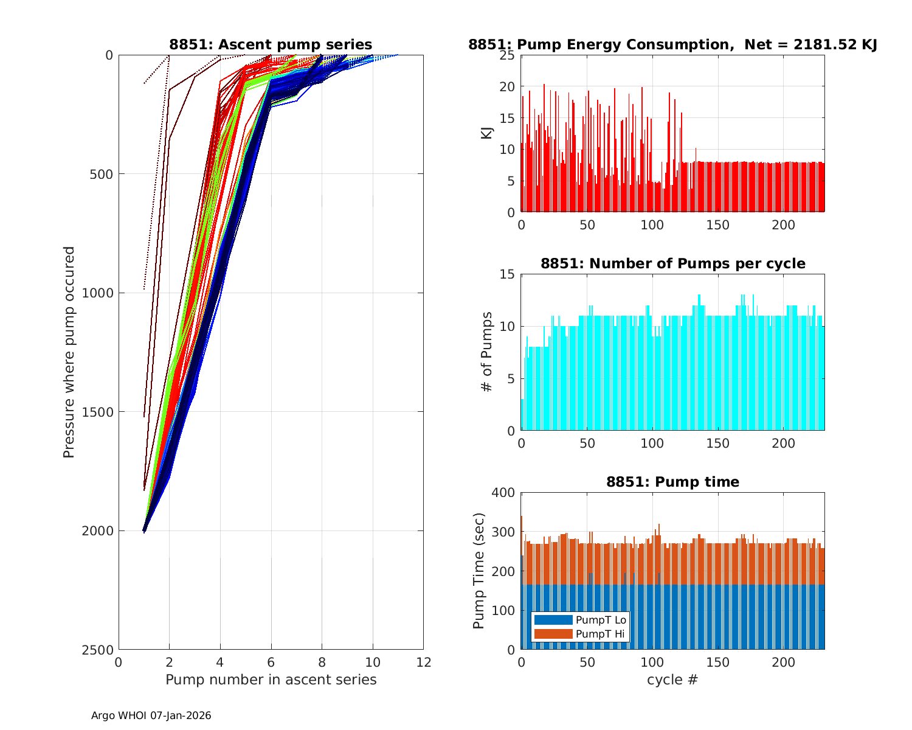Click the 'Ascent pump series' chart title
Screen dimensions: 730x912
[271, 44]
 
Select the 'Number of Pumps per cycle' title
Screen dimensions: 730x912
[672, 263]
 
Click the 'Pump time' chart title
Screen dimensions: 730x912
[672, 482]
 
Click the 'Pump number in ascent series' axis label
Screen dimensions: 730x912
[271, 680]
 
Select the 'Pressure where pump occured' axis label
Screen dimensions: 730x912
[69, 352]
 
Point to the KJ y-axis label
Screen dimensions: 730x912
[487, 133]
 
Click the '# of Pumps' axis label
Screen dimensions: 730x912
[487, 352]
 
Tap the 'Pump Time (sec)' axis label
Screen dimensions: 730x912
[479, 571]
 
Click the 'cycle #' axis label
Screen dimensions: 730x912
[672, 680]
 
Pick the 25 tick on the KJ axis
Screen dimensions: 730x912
[506, 55]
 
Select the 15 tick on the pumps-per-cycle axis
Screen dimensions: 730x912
[506, 274]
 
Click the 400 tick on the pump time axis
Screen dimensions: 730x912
[503, 493]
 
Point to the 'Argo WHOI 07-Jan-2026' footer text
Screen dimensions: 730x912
[151, 716]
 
